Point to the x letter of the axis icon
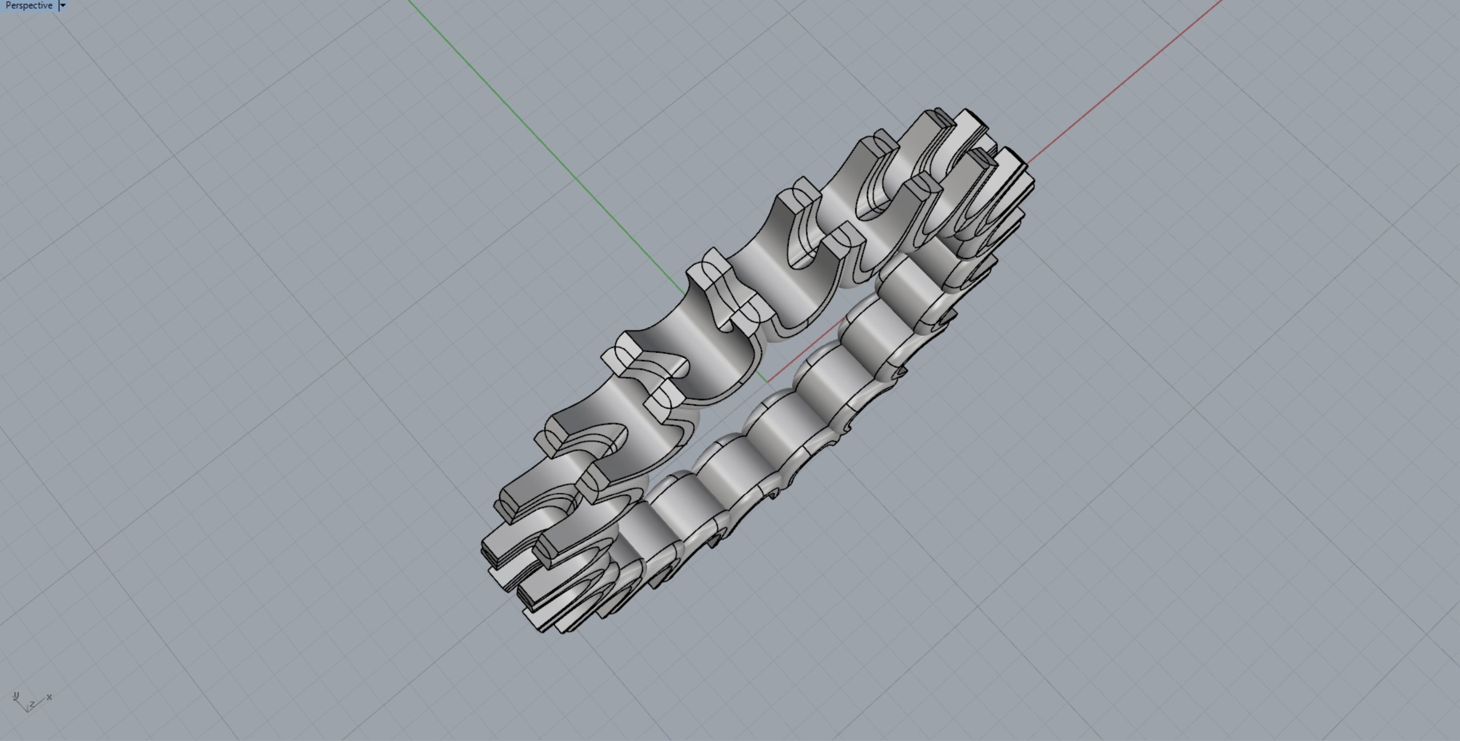pos(49,697)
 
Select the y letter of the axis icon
pos(16,696)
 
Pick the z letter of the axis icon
pos(33,704)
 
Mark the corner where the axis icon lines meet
pos(27,710)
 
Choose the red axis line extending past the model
pos(1128,79)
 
